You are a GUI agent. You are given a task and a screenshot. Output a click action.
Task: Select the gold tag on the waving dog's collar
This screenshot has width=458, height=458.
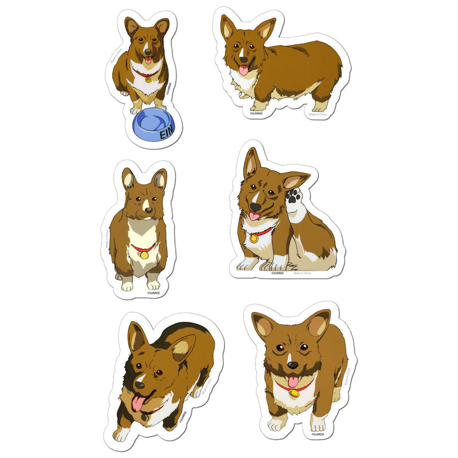pos(253,238)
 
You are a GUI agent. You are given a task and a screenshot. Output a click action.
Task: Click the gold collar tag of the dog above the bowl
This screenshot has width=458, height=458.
pos(148,79)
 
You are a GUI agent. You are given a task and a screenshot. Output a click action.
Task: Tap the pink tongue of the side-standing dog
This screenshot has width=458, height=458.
pos(243,70)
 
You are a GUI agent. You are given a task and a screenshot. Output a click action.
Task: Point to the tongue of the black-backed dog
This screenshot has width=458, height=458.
pos(139,403)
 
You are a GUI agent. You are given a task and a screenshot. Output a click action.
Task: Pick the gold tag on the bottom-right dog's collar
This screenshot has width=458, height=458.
pos(294,393)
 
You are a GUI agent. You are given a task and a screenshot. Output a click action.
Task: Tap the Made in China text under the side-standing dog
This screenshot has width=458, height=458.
pos(318,114)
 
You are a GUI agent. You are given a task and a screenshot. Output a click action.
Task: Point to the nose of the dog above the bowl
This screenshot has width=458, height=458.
pos(148,51)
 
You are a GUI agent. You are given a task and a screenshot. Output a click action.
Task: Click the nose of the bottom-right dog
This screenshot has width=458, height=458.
pos(290,365)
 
